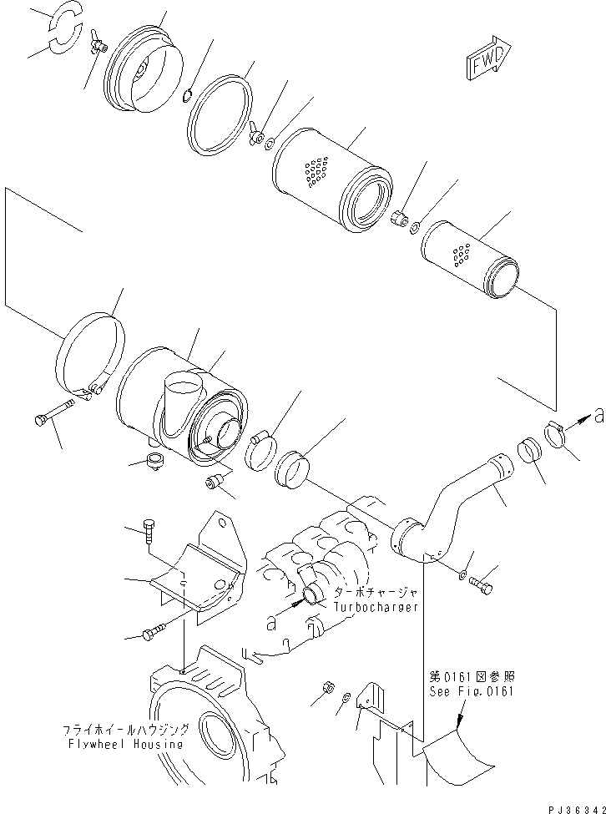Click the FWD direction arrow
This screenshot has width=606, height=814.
487,59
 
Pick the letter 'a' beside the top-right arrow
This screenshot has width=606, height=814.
597,412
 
